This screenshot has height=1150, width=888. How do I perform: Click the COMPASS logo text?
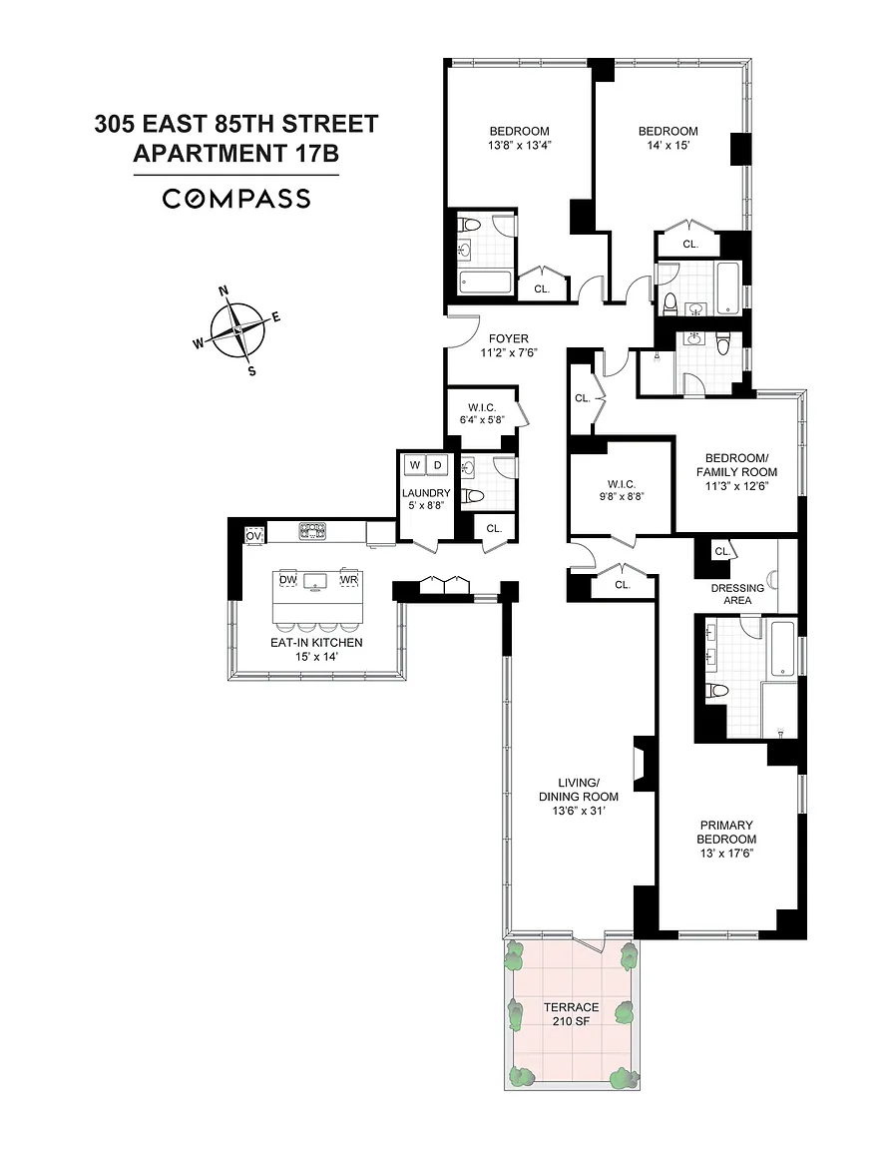(236, 199)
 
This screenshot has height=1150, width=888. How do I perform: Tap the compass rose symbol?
(236, 330)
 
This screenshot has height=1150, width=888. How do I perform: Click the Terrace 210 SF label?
(572, 1013)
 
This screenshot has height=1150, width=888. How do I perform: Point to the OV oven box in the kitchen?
(253, 536)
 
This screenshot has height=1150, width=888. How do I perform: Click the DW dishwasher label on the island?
(287, 579)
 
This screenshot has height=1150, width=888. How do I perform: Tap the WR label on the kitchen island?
(348, 579)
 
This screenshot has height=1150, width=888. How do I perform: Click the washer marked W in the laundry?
(414, 465)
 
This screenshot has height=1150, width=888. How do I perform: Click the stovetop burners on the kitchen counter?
(312, 531)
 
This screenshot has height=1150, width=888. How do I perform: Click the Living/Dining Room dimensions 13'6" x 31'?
(579, 811)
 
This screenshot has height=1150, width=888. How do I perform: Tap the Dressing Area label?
(737, 594)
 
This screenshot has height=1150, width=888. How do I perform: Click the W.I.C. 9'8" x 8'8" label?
(621, 490)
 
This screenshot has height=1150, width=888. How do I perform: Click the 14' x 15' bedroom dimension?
(668, 145)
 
